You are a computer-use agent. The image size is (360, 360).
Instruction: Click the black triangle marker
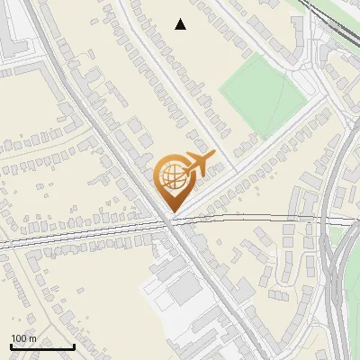pyautogui.click(x=181, y=24)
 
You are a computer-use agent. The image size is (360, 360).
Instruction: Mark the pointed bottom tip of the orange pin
pyautogui.click(x=172, y=212)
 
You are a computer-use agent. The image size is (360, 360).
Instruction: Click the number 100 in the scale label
pyautogui.click(x=19, y=338)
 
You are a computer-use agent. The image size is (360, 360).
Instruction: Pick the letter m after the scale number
pyautogui.click(x=32, y=338)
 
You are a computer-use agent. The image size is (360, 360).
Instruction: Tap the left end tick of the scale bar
pyautogui.click(x=11, y=346)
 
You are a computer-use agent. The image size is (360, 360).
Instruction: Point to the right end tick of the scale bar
pyautogui.click(x=74, y=346)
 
